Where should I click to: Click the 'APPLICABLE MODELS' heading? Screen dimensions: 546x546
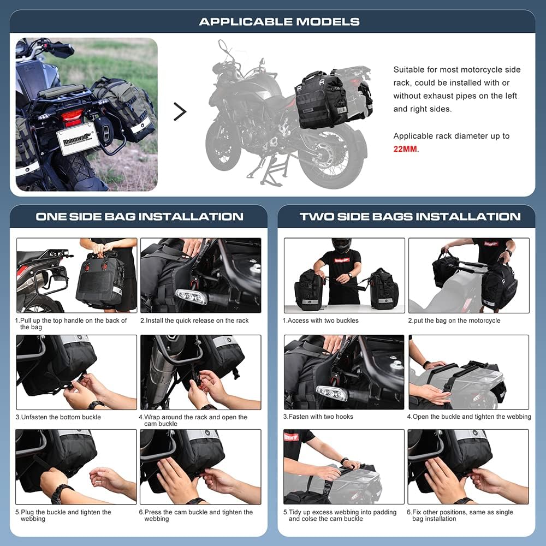click(x=279, y=22)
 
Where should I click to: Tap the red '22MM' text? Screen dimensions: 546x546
click(x=406, y=149)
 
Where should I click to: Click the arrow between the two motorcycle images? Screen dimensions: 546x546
click(x=180, y=111)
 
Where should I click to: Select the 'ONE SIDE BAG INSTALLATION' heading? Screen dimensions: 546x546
click(x=139, y=217)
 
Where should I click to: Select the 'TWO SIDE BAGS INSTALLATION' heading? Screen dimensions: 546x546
click(x=410, y=217)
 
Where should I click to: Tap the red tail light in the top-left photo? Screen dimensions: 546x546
click(x=72, y=116)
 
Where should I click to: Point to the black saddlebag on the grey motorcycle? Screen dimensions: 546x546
click(x=322, y=100)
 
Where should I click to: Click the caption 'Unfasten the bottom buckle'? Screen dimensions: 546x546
click(x=61, y=417)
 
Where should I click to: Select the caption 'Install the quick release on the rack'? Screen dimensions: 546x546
click(x=194, y=321)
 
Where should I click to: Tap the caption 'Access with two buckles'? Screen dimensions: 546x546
click(x=321, y=321)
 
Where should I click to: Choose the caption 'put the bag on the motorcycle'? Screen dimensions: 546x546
click(x=454, y=321)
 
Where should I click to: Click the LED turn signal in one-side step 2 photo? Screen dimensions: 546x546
click(x=191, y=297)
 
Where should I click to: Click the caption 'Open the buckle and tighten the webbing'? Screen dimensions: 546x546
click(x=468, y=417)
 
